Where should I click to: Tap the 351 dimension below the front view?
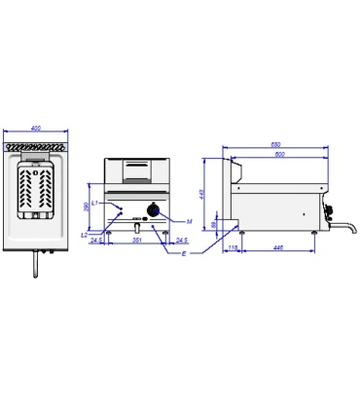click(x=137, y=241)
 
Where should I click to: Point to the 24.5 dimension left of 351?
click(x=97, y=241)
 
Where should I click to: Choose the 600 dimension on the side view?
click(x=279, y=155)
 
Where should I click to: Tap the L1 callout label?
click(x=94, y=203)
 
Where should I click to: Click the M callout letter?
click(x=190, y=221)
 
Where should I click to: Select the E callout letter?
click(x=183, y=252)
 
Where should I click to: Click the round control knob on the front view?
click(x=154, y=212)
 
